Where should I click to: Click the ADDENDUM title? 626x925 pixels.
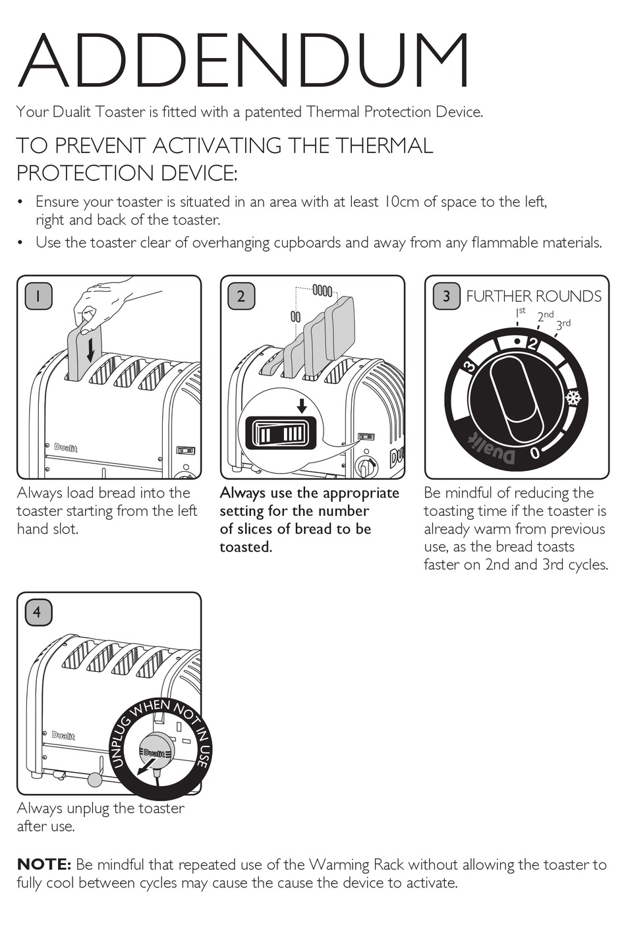[242, 60]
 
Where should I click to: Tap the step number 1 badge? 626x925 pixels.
[38, 296]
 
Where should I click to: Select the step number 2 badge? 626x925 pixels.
[241, 296]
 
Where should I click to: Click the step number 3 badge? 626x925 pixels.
[446, 296]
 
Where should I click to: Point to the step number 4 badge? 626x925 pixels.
[38, 612]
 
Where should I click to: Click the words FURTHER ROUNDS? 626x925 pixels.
[534, 296]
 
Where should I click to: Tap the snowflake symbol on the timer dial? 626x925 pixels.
[574, 398]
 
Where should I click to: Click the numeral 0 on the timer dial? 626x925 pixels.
[534, 453]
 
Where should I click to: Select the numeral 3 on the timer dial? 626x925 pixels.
[470, 367]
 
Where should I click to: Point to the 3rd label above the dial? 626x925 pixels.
[563, 324]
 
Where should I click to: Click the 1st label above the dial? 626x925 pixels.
[521, 311]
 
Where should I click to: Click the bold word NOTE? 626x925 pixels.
[43, 864]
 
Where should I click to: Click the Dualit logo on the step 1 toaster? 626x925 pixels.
[65, 448]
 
